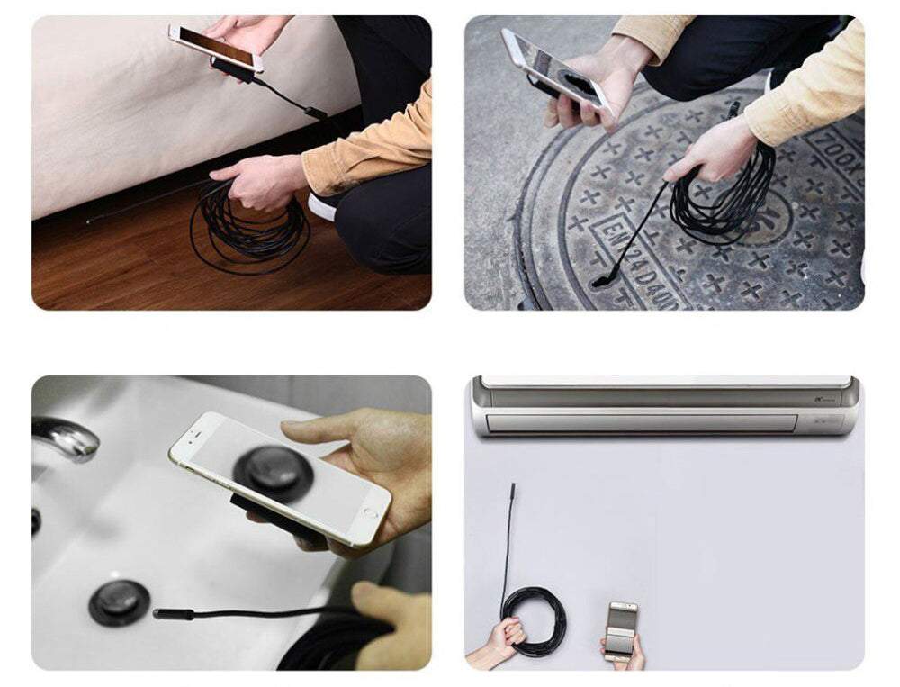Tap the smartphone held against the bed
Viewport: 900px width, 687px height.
tap(216, 48)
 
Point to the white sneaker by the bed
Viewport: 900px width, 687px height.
tap(321, 207)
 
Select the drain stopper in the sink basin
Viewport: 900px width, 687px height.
tap(119, 601)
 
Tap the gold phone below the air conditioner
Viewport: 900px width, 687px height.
tap(620, 631)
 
